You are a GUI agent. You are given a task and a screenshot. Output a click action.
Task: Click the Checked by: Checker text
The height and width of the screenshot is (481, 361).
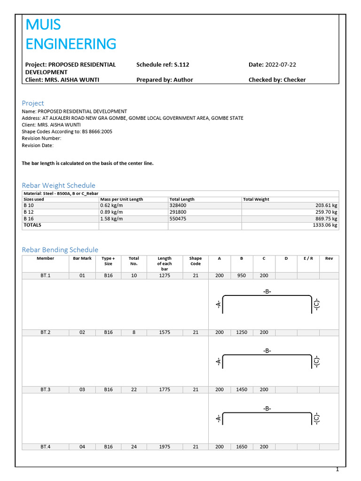point(277,80)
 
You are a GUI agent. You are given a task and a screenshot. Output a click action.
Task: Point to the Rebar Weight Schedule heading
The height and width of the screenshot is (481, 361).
point(59,186)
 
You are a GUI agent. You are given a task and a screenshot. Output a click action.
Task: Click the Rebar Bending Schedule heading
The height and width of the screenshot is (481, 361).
point(60,250)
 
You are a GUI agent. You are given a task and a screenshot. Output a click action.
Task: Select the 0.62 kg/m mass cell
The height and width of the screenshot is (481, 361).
point(111,206)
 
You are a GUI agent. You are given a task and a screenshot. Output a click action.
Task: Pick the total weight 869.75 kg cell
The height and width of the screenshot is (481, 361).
point(324,219)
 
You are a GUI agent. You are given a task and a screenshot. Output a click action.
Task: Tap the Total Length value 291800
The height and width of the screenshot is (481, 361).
point(179,212)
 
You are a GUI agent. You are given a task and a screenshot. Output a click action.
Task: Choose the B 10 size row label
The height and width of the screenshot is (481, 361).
point(29,206)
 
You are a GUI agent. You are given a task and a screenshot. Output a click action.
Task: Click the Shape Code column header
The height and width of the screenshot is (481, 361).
point(196,261)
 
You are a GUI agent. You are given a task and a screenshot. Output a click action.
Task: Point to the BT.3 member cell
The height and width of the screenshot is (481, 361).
point(45,390)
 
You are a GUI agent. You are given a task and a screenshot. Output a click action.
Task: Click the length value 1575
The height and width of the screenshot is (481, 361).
point(165,333)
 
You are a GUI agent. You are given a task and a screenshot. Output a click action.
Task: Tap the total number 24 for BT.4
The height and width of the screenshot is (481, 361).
point(134,447)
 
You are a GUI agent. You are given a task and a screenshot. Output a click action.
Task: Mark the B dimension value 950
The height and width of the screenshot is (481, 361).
point(242,276)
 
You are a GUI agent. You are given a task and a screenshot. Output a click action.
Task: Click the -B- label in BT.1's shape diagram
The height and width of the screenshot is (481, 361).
point(267,292)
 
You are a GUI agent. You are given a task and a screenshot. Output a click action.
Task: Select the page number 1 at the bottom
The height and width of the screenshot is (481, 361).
point(337,470)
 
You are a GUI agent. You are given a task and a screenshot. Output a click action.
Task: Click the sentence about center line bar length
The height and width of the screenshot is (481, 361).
point(88,163)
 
